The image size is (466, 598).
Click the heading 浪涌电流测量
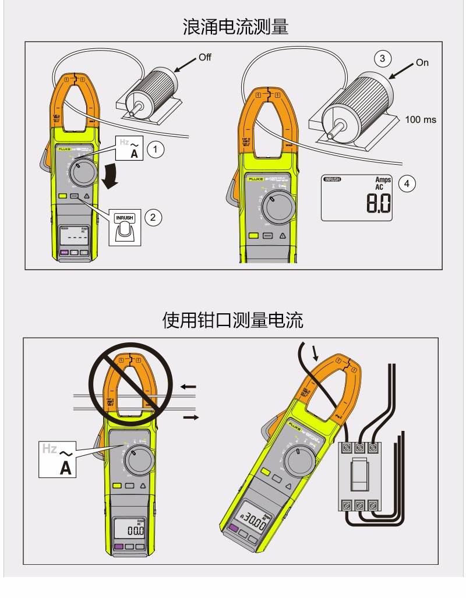click(x=232, y=26)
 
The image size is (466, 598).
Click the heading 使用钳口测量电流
click(x=232, y=320)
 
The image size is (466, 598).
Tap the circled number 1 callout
click(x=155, y=149)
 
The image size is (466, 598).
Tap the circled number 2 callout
click(x=153, y=217)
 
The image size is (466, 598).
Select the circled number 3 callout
click(x=382, y=58)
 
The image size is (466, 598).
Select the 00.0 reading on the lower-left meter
click(x=135, y=530)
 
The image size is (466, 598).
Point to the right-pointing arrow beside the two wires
click(x=190, y=417)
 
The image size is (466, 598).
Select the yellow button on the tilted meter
click(x=266, y=473)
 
